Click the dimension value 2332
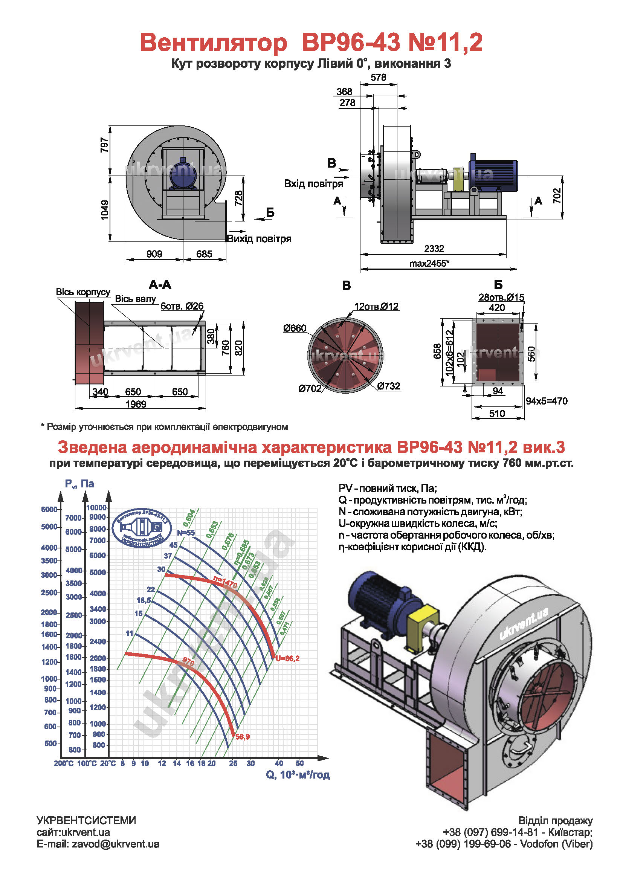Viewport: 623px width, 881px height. [x=434, y=249]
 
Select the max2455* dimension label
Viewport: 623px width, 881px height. [x=429, y=263]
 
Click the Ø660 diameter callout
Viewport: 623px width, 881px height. [x=295, y=328]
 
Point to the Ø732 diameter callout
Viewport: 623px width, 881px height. [x=389, y=386]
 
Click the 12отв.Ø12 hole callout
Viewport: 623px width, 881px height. [x=376, y=306]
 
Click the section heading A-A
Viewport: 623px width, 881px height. [x=160, y=284]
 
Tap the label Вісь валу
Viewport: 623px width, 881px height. [x=136, y=299]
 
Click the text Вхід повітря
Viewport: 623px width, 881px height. [x=313, y=183]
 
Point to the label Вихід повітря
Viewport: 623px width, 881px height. [x=259, y=239]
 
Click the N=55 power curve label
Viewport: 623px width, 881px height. [x=186, y=533]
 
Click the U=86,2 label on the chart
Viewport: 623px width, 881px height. [x=287, y=658]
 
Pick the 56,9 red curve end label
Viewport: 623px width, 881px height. [x=243, y=737]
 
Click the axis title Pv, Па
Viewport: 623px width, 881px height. [x=79, y=484]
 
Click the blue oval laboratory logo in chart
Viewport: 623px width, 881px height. [x=142, y=528]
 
